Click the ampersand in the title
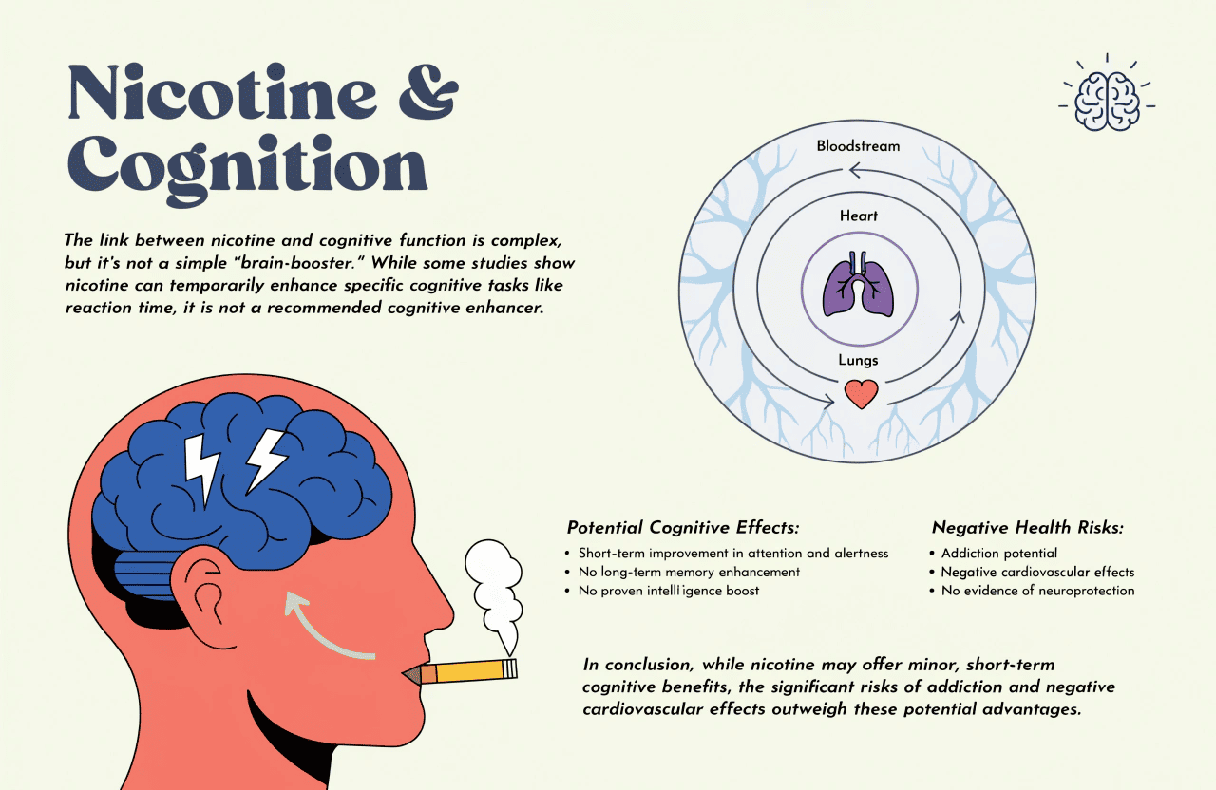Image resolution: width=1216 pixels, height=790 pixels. pos(428,92)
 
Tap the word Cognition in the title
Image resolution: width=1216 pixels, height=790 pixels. pos(248,168)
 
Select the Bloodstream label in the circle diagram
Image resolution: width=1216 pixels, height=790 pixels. pos(858,146)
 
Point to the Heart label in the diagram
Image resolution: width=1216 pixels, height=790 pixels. pos(859,216)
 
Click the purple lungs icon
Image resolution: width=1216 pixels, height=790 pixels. pos(858,284)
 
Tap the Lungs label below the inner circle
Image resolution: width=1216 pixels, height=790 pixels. pos(858,360)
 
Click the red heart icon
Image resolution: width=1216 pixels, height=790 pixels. pos(861,393)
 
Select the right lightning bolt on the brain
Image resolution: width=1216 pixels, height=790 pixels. pos(265,461)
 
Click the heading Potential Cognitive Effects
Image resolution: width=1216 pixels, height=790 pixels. pos(683,527)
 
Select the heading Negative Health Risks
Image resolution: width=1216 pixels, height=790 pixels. pos(1028,527)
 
